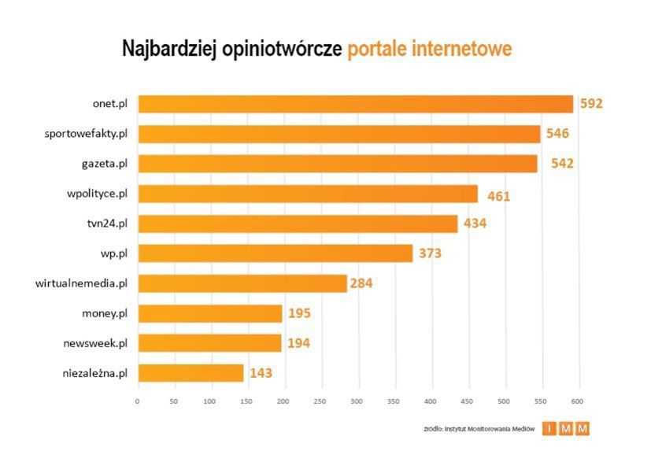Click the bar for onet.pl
pyautogui.click(x=355, y=104)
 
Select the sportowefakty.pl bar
pyautogui.click(x=338, y=134)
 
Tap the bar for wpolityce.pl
pyautogui.click(x=307, y=194)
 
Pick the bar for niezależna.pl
pyautogui.click(x=190, y=372)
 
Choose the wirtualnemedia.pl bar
pyautogui.click(x=242, y=283)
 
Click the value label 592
pyautogui.click(x=591, y=104)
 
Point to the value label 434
pyautogui.click(x=475, y=224)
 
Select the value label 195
pyautogui.click(x=299, y=313)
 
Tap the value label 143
pyautogui.click(x=261, y=372)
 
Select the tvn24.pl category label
pyautogui.click(x=106, y=224)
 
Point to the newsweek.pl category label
pyautogui.click(x=95, y=343)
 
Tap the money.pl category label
pyautogui.click(x=104, y=313)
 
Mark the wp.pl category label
pyautogui.click(x=113, y=253)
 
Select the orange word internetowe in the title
pyautogui.click(x=461, y=49)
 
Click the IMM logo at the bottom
pyautogui.click(x=566, y=429)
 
